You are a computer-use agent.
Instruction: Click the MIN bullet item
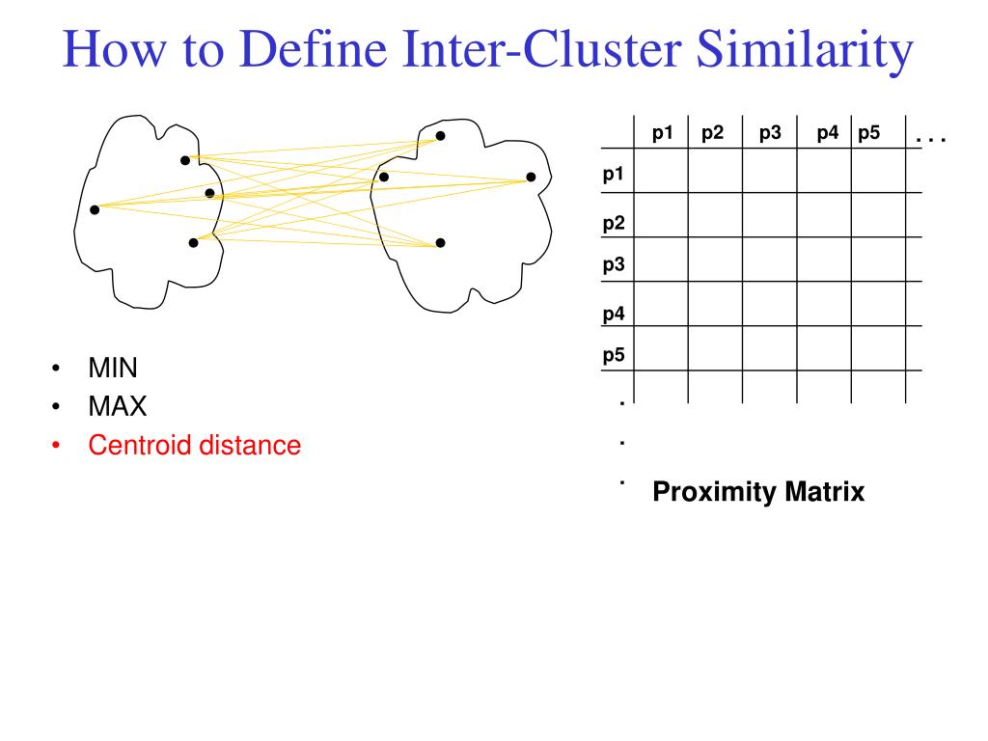(113, 368)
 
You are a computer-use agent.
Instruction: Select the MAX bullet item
(118, 406)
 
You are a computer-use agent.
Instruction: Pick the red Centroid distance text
(194, 445)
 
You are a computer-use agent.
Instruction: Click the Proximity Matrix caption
(758, 492)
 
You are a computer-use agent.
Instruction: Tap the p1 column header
(662, 133)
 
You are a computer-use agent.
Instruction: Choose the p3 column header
(769, 133)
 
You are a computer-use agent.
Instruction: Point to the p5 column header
(868, 133)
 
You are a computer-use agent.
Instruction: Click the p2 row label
(614, 223)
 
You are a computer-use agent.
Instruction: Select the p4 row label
(614, 314)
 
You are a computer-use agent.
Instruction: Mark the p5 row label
(614, 354)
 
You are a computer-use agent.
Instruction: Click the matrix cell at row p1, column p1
(661, 171)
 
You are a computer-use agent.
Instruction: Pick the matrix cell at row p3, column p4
(823, 259)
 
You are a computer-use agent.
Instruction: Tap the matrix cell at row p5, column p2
(715, 348)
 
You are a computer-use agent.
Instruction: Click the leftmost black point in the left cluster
(95, 209)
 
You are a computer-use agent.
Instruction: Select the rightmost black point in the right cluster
(531, 177)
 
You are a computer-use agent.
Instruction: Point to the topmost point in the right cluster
(440, 136)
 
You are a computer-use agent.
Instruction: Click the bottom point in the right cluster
(440, 242)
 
